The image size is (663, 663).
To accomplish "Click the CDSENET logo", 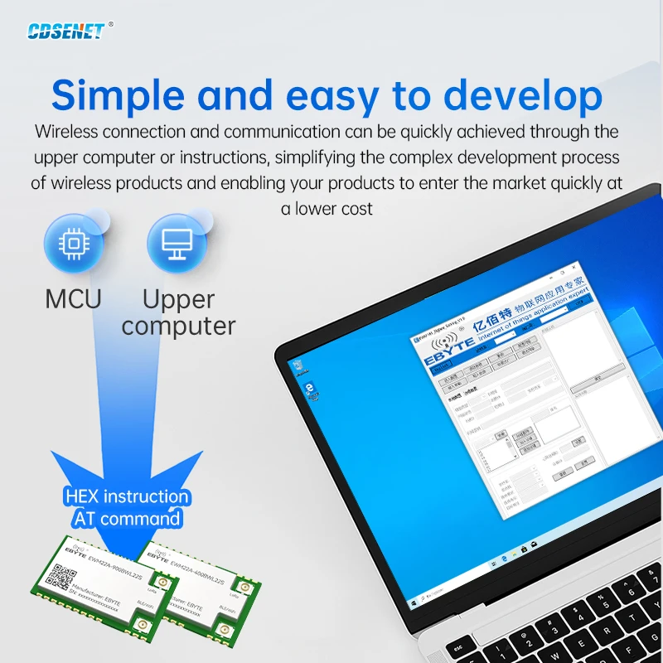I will (x=66, y=31).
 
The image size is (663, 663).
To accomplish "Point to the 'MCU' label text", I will (x=73, y=298).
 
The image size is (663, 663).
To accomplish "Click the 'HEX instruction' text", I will (x=127, y=497).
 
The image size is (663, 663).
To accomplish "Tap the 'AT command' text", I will (x=127, y=519).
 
